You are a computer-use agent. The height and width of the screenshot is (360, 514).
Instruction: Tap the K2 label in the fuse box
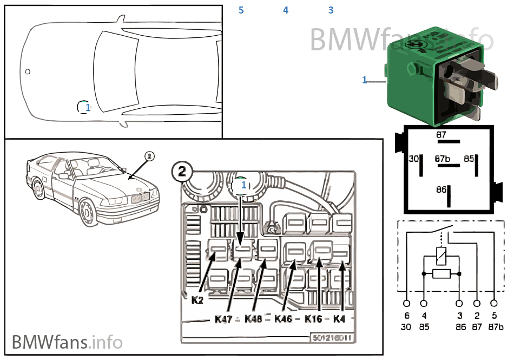[197, 299]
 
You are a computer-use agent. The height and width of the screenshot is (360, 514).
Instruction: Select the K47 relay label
[222, 319]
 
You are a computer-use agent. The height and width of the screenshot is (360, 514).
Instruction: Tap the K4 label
[340, 319]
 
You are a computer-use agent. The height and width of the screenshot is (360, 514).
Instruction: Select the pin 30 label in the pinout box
[413, 159]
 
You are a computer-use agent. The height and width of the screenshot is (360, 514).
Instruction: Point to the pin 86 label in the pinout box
[441, 189]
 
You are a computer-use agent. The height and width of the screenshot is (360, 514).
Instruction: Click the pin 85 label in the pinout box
[469, 159]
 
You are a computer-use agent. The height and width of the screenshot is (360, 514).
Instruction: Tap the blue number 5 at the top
[241, 10]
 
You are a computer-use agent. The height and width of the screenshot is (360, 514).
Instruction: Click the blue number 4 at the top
[286, 10]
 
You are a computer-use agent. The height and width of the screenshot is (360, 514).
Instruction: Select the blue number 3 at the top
[331, 10]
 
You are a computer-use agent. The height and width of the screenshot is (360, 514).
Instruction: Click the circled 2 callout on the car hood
[150, 156]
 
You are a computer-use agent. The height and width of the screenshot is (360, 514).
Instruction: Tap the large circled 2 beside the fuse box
[182, 172]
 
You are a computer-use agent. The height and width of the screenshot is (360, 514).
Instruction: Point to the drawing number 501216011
[331, 338]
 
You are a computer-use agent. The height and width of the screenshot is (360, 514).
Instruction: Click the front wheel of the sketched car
[85, 212]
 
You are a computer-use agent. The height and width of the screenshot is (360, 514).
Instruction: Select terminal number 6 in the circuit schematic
[407, 315]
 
